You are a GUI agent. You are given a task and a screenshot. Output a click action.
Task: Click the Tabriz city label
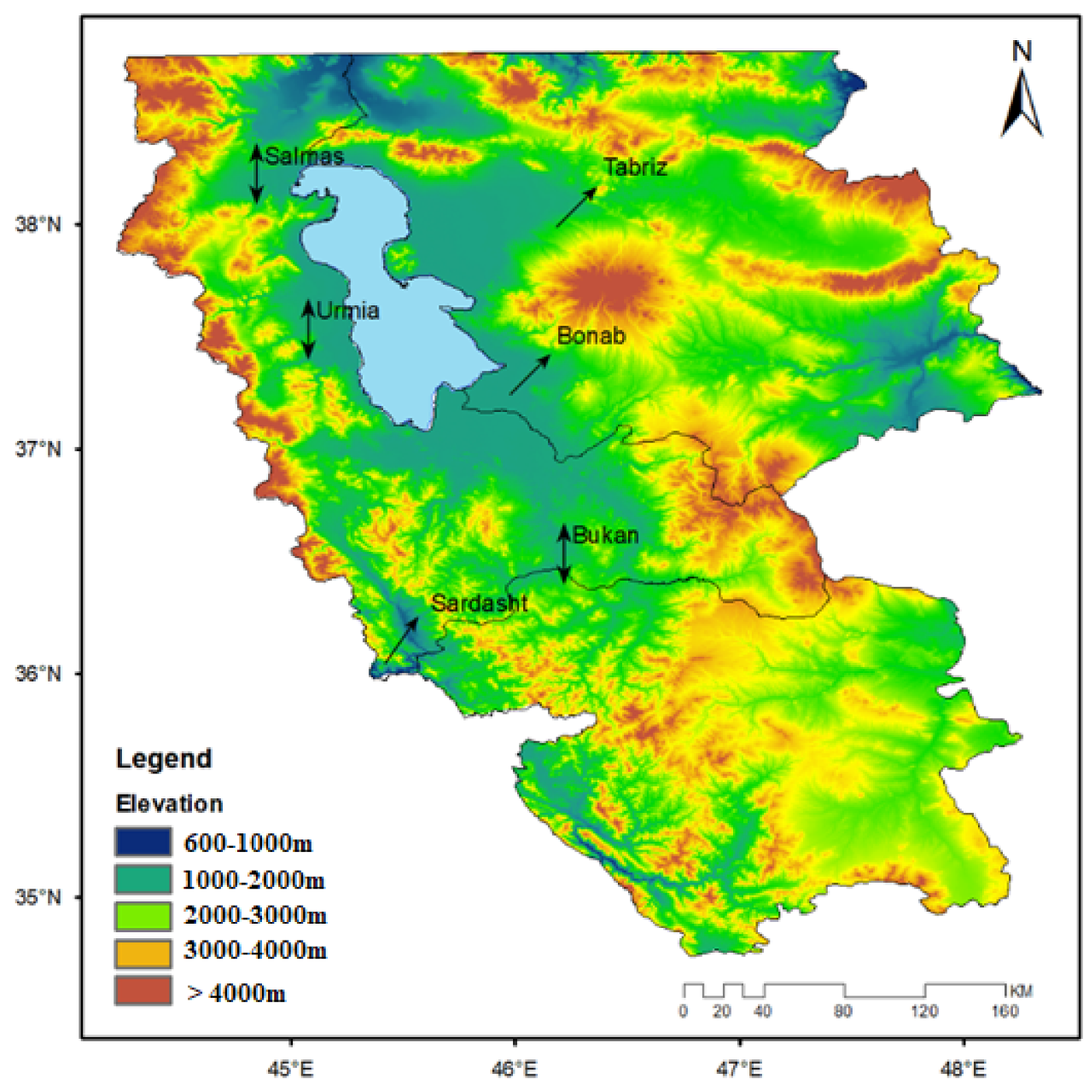pos(635,167)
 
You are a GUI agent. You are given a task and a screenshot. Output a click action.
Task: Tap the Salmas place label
pos(304,156)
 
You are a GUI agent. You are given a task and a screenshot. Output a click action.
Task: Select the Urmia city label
pos(347,310)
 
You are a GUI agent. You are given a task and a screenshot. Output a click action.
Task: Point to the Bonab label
pos(591,336)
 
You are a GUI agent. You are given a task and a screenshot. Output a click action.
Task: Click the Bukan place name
pos(605,535)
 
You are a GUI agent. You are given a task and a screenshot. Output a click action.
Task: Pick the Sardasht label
pos(479,603)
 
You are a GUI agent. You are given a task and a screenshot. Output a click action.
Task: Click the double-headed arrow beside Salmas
pos(256,175)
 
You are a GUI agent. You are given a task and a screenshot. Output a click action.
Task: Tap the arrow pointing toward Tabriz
pos(576,207)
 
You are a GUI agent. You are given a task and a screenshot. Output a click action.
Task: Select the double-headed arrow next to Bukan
pos(563,554)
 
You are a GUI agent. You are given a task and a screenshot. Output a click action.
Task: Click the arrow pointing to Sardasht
pos(400,640)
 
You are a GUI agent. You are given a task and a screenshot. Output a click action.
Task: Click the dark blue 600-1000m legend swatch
pos(143,843)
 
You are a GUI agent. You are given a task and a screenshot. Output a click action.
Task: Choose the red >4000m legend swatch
pos(143,991)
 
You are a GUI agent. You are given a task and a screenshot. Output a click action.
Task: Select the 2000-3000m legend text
pos(254,915)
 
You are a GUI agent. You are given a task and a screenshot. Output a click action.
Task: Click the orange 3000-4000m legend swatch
pos(143,952)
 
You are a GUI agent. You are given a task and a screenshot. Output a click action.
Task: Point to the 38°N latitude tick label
pos(38,224)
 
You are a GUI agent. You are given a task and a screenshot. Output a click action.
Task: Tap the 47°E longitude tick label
pos(739,1068)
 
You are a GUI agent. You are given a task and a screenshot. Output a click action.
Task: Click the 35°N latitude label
pos(38,897)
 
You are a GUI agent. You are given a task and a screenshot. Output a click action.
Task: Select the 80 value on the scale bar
pos(842,1012)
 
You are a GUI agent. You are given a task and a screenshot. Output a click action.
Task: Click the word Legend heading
pos(164,758)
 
